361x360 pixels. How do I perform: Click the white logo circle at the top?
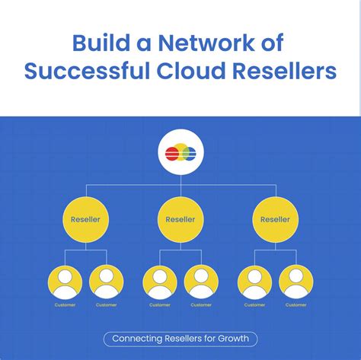click(x=180, y=153)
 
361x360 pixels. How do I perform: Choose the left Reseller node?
click(x=85, y=219)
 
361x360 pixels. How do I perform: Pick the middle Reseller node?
click(x=180, y=219)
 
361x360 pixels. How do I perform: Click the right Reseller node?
click(x=276, y=219)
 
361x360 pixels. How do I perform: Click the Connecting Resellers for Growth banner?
click(x=180, y=338)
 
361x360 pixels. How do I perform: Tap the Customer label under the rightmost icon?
click(x=297, y=305)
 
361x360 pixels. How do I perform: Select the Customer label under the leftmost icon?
click(x=65, y=305)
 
